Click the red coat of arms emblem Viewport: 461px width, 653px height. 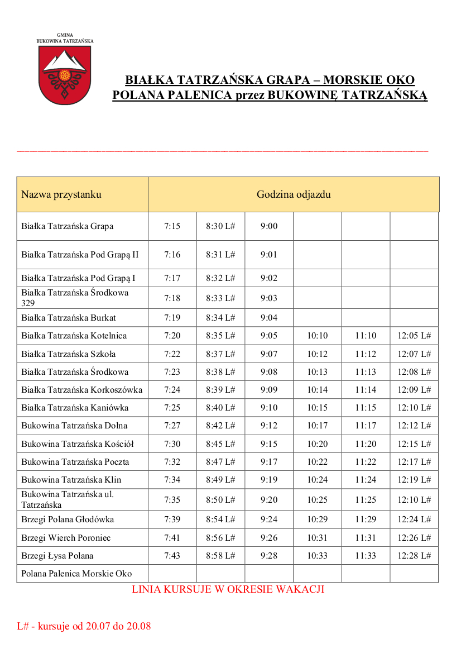tap(64, 75)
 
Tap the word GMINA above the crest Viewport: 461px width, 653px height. tap(65, 35)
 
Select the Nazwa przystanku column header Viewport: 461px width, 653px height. tap(61, 194)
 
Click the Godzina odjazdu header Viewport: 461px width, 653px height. tap(294, 194)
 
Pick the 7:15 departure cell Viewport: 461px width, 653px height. tap(172, 226)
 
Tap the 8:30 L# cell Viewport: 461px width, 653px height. tap(220, 226)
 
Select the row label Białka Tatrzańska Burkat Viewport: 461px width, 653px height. tap(69, 318)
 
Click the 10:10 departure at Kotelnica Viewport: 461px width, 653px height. tap(318, 336)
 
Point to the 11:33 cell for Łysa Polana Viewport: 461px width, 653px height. tap(366, 556)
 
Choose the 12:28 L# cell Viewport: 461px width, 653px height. tap(414, 556)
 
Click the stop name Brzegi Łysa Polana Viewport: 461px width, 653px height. tap(57, 556)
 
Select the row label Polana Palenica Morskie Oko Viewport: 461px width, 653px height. tap(76, 574)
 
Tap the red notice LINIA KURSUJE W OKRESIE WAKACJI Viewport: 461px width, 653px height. tap(228, 589)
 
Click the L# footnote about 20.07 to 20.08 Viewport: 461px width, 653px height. tap(84, 626)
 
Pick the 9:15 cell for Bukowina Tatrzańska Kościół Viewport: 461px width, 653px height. tap(269, 444)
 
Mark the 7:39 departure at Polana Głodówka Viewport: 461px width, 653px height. tap(172, 519)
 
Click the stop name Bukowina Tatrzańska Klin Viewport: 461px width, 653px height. tap(71, 480)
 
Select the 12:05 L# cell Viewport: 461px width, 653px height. tap(414, 336)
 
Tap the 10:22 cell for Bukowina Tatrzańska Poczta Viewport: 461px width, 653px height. tap(318, 462)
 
